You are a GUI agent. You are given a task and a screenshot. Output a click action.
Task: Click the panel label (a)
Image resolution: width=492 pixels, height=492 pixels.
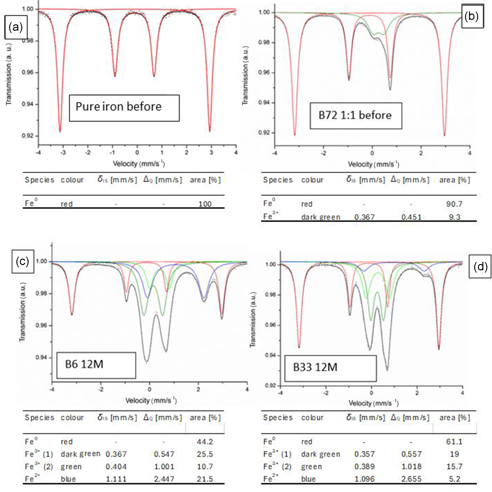pyautogui.click(x=15, y=27)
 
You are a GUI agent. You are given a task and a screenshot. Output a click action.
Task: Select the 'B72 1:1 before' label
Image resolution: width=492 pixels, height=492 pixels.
pyautogui.click(x=355, y=116)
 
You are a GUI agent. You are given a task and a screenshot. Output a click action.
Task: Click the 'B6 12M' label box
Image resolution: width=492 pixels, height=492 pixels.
pyautogui.click(x=96, y=365)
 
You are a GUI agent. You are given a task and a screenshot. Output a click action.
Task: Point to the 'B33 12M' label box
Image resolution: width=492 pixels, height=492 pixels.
pyautogui.click(x=330, y=368)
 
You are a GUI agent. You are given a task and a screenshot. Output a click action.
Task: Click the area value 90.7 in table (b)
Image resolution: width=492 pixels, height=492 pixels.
pyautogui.click(x=454, y=204)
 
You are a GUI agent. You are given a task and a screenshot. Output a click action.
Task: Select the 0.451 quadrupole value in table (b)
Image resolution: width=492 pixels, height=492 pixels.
pyautogui.click(x=411, y=217)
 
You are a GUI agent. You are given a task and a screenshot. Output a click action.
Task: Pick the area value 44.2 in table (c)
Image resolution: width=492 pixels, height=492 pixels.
pyautogui.click(x=205, y=442)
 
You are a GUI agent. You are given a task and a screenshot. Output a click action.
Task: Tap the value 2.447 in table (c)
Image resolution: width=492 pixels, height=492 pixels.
pyautogui.click(x=164, y=479)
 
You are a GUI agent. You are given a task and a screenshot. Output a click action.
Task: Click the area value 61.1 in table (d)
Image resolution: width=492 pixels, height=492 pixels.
pyautogui.click(x=454, y=442)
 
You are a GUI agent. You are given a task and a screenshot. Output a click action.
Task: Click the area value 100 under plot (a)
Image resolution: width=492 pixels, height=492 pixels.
pyautogui.click(x=205, y=204)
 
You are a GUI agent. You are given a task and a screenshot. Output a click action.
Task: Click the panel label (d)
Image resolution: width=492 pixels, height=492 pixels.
pyautogui.click(x=480, y=267)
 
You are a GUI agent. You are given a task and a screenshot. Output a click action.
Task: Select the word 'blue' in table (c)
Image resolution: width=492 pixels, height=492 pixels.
pyautogui.click(x=68, y=479)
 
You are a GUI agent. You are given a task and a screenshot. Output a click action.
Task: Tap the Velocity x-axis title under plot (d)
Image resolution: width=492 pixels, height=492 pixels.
pyautogui.click(x=373, y=403)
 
